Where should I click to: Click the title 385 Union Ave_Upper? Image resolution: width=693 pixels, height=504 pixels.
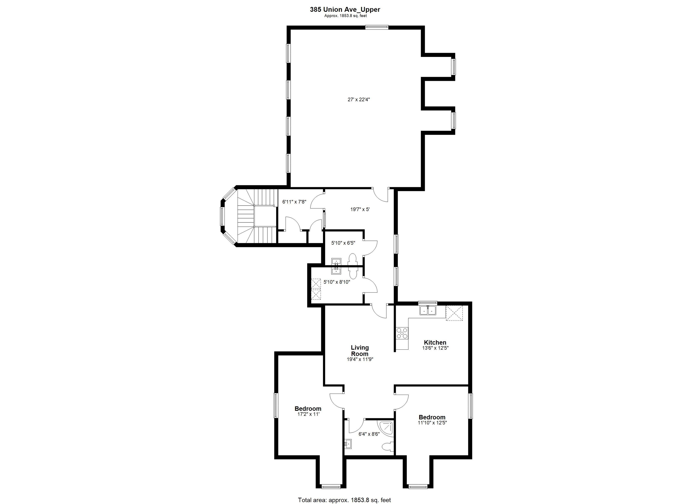click(x=345, y=9)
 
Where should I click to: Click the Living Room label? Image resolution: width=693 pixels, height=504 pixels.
click(x=360, y=351)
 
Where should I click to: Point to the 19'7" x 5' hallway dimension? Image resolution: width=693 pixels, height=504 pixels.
click(x=360, y=210)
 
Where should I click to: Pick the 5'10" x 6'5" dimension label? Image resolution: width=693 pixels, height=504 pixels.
click(x=343, y=243)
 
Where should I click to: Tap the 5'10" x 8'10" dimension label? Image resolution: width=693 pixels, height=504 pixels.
click(x=337, y=282)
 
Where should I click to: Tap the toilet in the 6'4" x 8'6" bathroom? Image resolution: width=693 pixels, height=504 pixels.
click(x=388, y=447)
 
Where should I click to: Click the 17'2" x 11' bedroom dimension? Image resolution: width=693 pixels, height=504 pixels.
click(x=308, y=414)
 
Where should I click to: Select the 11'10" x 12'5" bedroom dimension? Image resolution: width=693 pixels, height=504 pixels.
click(x=432, y=423)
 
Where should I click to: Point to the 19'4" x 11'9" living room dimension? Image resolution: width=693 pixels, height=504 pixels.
click(x=360, y=359)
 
